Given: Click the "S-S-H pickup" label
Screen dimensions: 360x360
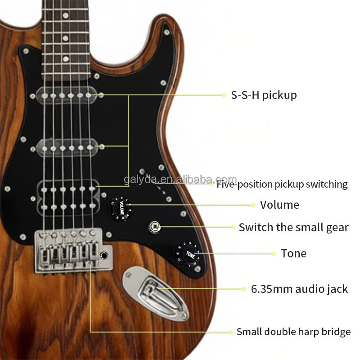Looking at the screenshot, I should (264, 95).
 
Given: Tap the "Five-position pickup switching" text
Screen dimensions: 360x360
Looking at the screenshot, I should (282, 184).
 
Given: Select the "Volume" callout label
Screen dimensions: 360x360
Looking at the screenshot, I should (279, 205).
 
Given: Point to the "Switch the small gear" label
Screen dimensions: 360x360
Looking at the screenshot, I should (293, 227).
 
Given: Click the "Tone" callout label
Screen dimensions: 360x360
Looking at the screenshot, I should (293, 253).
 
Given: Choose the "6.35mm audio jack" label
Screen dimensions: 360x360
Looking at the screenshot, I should (299, 288).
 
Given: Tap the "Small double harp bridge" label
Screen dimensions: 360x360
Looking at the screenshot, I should (293, 332).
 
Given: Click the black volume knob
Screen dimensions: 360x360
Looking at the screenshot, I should (121, 207).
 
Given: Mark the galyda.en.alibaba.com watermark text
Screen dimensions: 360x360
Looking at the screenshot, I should (180, 180).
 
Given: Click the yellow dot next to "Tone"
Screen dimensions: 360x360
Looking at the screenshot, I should (273, 253).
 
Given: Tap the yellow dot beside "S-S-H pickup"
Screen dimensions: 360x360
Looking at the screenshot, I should (224, 95).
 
